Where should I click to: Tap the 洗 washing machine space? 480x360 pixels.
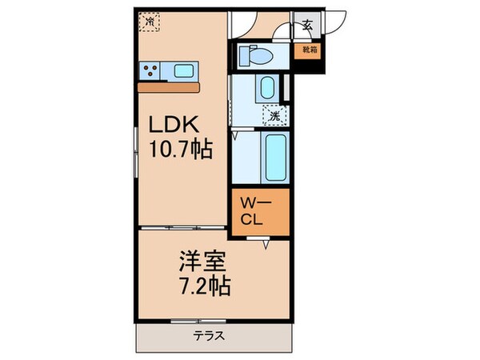click(x=274, y=115)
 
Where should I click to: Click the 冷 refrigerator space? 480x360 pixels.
click(x=149, y=22)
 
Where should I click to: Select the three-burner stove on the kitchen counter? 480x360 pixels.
click(x=152, y=71)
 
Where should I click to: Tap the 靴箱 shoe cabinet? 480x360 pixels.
click(x=308, y=50)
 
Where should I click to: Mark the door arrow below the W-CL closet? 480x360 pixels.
click(x=267, y=246)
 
